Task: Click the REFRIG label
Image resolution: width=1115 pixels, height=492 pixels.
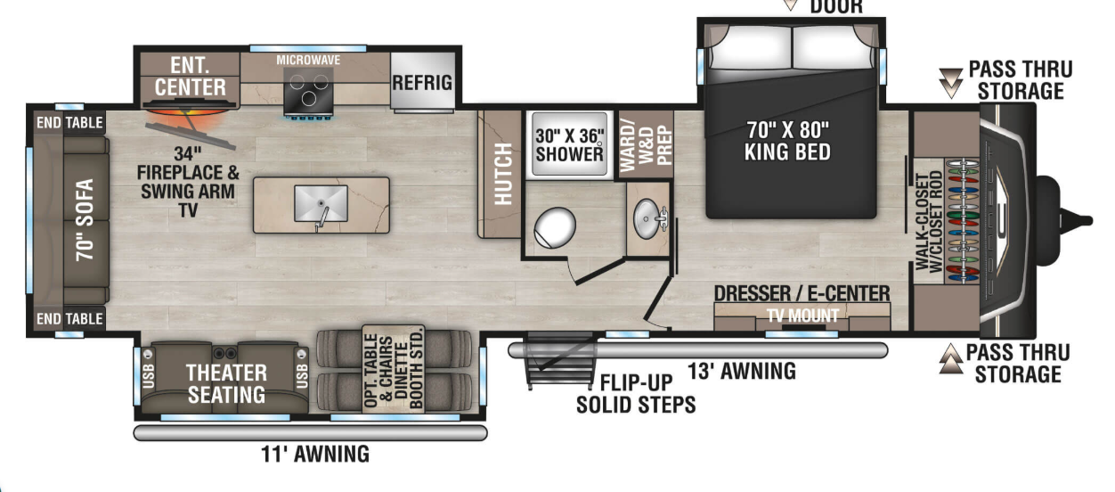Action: [x=422, y=83]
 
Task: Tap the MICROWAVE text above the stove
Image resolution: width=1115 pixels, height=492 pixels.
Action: [x=308, y=60]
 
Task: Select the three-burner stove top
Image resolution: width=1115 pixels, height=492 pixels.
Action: [x=308, y=92]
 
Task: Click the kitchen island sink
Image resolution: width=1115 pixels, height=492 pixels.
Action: [x=320, y=202]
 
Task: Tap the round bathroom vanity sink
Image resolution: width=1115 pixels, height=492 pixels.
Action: [x=647, y=214]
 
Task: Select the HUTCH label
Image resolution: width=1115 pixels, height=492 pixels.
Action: [x=503, y=174]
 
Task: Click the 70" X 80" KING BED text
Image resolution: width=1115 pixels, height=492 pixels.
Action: [x=787, y=140]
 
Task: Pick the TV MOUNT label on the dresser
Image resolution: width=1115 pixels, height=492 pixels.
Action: [x=802, y=316]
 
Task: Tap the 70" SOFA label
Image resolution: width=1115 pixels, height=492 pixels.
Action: [x=85, y=219]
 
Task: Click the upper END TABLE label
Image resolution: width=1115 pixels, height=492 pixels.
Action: [x=69, y=123]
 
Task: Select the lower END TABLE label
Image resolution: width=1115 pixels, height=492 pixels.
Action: [x=69, y=318]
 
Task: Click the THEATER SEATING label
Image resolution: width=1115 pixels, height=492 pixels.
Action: [x=225, y=383]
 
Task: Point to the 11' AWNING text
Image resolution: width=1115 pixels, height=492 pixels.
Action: [x=315, y=455]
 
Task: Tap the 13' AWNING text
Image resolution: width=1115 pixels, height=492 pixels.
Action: [x=741, y=371]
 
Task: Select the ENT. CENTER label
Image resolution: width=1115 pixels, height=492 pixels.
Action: [x=190, y=77]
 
